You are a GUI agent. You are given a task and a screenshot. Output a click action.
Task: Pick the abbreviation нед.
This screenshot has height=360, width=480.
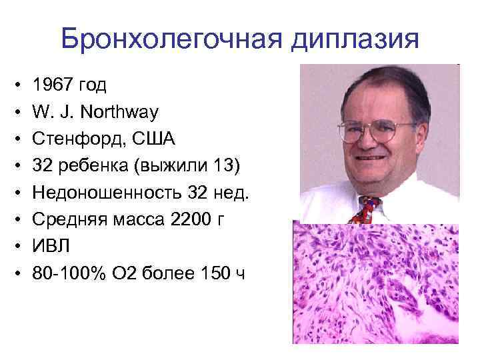click(x=237, y=193)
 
